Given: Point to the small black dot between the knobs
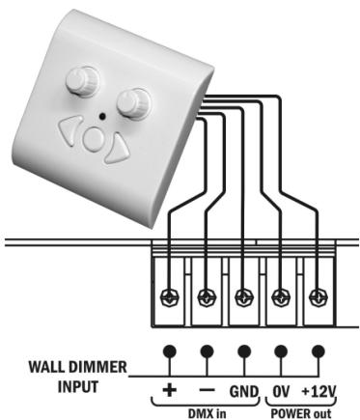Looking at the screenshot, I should click(x=100, y=115).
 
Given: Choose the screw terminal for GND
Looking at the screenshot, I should click(x=244, y=296).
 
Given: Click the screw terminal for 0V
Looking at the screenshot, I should click(x=281, y=296).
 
